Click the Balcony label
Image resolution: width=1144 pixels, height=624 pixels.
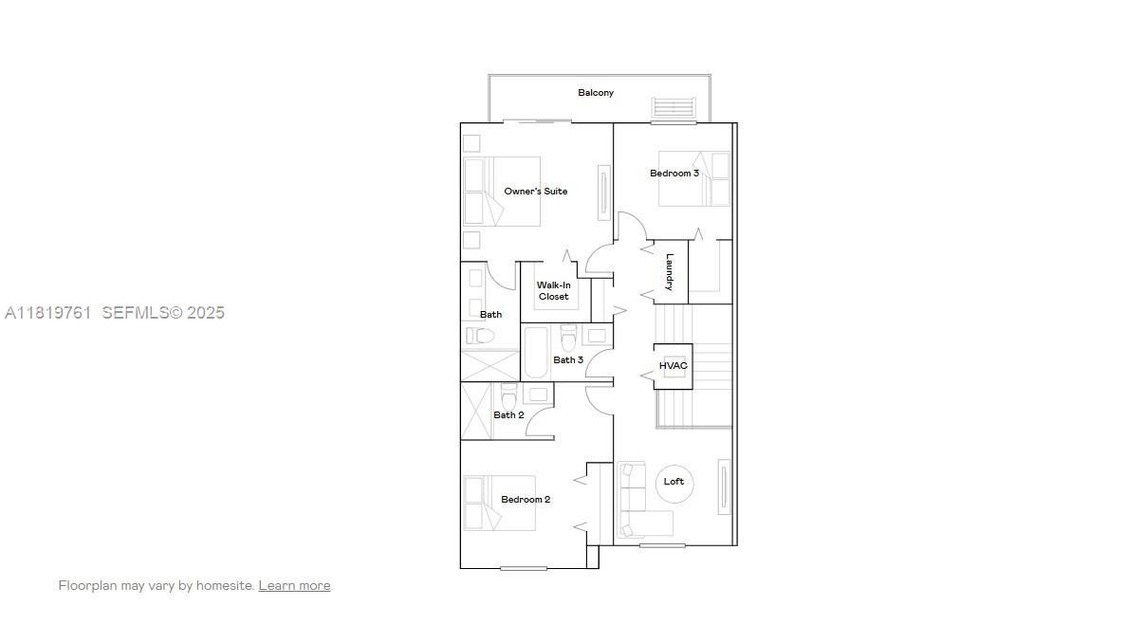coord(596,93)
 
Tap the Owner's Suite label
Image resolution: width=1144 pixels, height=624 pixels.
coord(536,192)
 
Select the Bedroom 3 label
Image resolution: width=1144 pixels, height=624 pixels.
coord(674,174)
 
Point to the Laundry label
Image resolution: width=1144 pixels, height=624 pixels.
coord(670,271)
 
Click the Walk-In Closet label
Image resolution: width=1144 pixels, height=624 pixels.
coord(554,291)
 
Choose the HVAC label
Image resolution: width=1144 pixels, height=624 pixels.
coord(673,366)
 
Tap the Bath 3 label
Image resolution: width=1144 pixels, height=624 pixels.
coord(568,360)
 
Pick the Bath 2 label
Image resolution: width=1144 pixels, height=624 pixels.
coord(508,415)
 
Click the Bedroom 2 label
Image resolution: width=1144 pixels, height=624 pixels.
coord(526,500)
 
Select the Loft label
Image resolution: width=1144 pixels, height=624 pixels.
coord(673,482)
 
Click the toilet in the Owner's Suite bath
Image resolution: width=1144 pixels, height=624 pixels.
coord(482,336)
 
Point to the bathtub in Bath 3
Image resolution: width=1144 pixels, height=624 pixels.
coord(536,352)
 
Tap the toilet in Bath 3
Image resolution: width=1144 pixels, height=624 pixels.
coord(568,337)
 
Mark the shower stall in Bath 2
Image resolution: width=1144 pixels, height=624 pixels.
coord(476,411)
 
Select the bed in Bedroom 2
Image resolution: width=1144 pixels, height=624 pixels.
coord(499,503)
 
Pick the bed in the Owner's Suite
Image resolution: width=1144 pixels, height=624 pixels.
coord(503,192)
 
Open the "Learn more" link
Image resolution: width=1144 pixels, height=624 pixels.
coord(294,586)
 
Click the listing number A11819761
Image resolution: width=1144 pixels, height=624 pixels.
coord(47,312)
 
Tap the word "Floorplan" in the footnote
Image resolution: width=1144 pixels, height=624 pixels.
coord(87,586)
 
